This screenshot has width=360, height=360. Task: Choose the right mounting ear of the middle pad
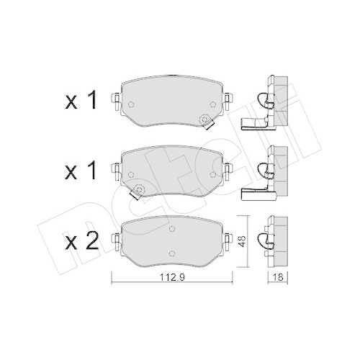[x=228, y=169]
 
